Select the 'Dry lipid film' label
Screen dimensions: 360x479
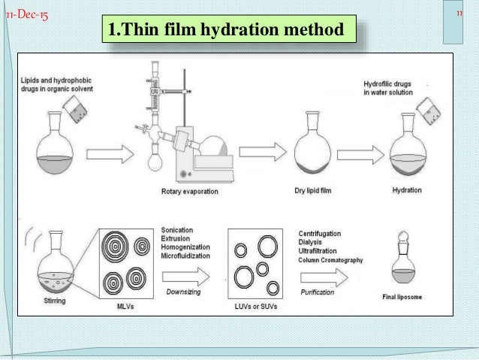312,190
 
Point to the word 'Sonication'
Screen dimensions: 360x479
179,228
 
